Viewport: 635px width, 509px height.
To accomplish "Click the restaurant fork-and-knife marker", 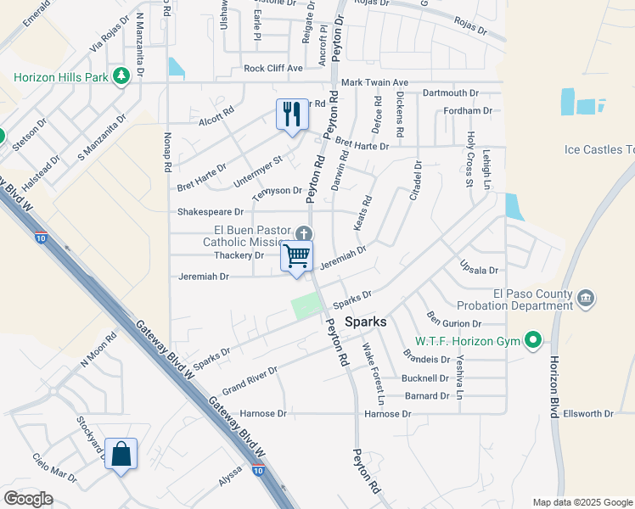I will point(291,114).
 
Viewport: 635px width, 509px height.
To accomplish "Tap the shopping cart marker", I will point(296,255).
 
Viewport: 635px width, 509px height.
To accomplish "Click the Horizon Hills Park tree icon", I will point(121,76).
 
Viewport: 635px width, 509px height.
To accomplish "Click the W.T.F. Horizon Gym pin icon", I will point(533,342).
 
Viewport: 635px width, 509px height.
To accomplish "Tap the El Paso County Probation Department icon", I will point(586,299).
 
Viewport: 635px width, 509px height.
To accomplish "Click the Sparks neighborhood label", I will point(367,322).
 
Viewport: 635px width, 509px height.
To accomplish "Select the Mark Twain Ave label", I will point(375,82).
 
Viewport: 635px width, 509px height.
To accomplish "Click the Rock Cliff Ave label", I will point(273,68).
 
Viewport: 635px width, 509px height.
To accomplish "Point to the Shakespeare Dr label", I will point(210,211).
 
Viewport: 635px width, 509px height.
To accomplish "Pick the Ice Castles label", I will point(598,150).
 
